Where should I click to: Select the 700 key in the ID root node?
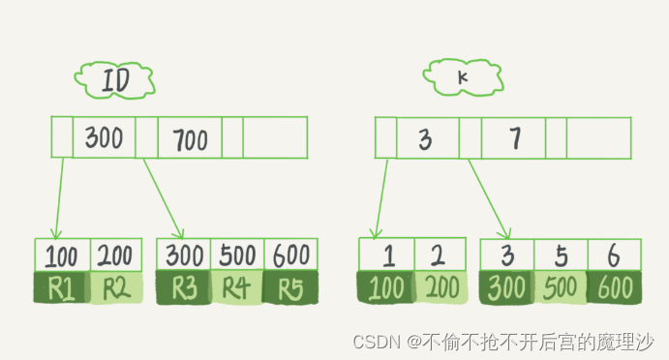(190, 139)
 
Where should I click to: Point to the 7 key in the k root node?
(513, 139)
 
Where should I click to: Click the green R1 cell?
(62, 287)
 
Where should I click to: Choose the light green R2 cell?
(116, 287)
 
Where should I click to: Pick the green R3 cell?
(183, 287)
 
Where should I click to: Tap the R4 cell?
(236, 287)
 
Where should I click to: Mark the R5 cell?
(289, 287)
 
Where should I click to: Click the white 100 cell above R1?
(62, 255)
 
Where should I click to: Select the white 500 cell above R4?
(236, 255)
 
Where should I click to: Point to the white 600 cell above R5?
(289, 255)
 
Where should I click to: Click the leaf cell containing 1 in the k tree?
(386, 255)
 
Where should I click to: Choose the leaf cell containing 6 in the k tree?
(614, 255)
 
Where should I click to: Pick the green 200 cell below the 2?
(441, 287)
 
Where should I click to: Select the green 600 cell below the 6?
(614, 287)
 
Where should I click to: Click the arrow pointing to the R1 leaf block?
(58, 197)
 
